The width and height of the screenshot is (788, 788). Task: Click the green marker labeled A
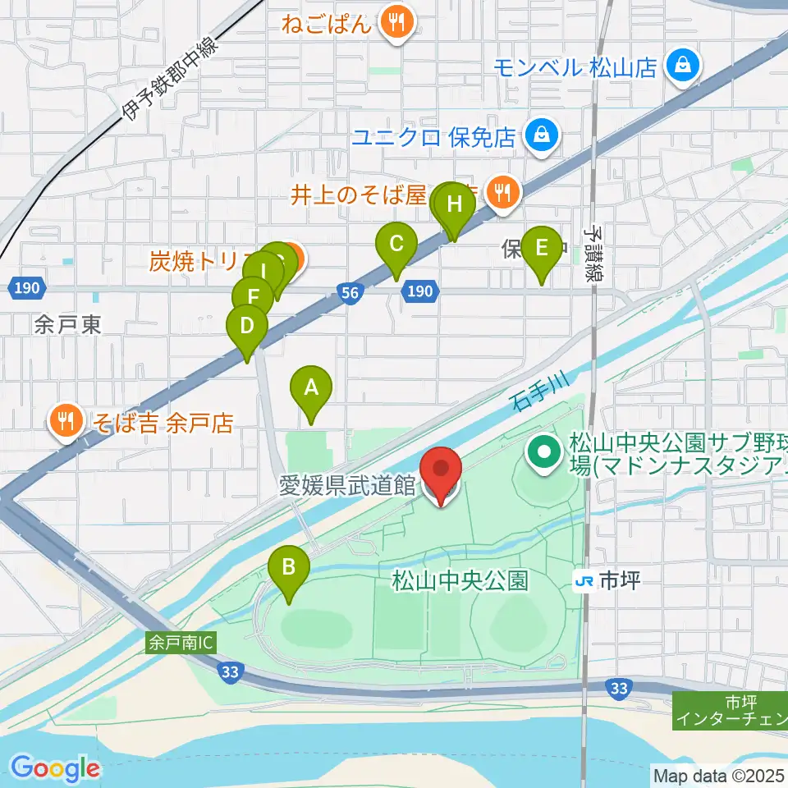[x=311, y=387]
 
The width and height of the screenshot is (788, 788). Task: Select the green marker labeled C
[x=396, y=245]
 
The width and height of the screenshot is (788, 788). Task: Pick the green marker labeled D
[x=246, y=326]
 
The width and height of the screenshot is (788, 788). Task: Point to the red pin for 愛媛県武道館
[x=441, y=470]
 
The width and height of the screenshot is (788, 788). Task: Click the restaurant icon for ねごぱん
[x=398, y=22]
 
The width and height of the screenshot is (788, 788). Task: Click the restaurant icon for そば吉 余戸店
[x=63, y=422]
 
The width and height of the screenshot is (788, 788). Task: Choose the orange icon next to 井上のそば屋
[x=501, y=194]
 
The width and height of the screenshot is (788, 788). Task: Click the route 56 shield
[x=350, y=291]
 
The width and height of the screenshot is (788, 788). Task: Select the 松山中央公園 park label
[x=459, y=581]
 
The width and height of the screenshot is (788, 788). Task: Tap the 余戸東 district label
[x=67, y=325]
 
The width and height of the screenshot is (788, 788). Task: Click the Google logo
[x=56, y=768]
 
